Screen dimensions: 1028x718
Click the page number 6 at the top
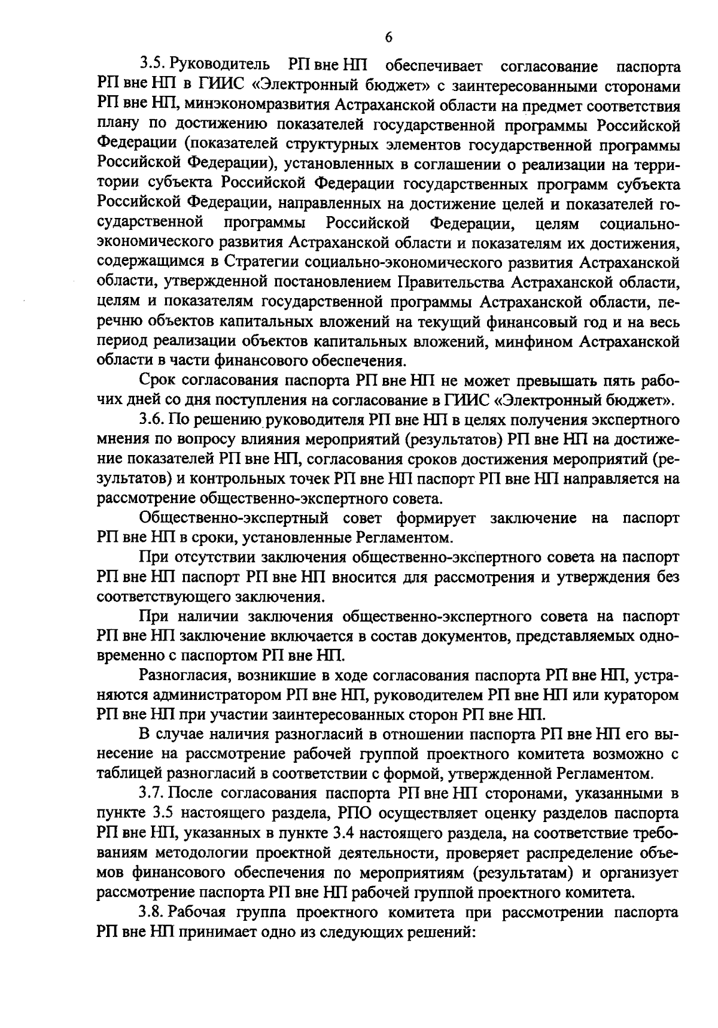[388, 38]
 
